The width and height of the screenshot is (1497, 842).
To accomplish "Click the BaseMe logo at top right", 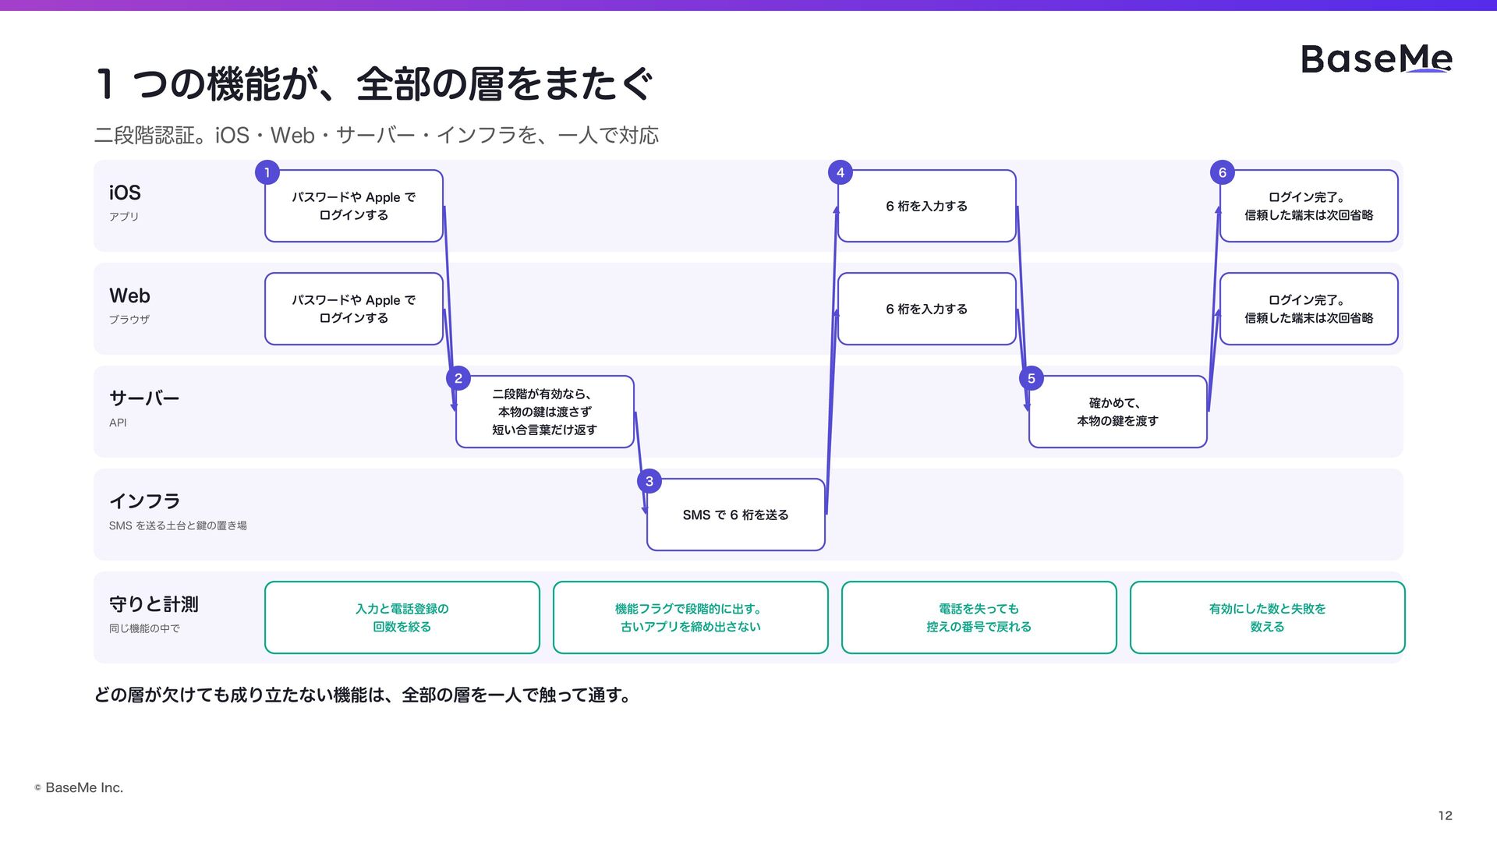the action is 1376,58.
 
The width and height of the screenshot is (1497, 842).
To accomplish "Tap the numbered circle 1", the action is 267,172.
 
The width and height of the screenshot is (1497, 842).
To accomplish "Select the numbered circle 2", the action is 458,378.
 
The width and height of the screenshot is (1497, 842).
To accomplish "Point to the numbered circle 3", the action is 649,481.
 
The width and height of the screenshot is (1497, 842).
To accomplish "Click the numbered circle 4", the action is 841,172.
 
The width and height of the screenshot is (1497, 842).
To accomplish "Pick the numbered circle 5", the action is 1032,378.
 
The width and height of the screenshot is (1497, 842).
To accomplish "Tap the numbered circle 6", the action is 1223,172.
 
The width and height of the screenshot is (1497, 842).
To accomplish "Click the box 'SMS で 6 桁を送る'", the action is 736,515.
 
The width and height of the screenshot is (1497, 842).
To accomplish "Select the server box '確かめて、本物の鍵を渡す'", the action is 1118,412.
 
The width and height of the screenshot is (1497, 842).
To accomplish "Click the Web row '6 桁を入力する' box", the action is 927,309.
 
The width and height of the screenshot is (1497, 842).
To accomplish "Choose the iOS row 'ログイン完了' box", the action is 1309,206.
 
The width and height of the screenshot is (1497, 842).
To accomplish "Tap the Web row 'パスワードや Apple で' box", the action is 354,309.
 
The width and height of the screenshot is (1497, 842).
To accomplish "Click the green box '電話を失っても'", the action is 979,617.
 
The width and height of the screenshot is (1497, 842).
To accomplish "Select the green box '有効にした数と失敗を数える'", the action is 1268,617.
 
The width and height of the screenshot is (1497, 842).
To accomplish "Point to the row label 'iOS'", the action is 125,193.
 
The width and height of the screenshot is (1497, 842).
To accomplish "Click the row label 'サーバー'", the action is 144,398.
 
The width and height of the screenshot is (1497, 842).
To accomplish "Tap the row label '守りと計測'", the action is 154,604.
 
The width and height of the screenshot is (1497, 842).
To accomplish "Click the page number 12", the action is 1446,815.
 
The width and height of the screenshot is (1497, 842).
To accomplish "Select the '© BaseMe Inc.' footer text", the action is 79,787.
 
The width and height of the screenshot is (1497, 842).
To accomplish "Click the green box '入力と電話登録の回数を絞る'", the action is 402,617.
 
